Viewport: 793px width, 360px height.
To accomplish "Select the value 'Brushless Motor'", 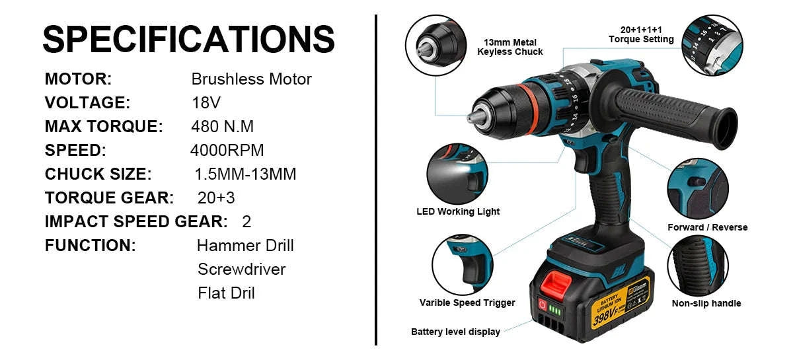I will tap(251, 79).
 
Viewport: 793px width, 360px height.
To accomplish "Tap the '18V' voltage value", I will tap(206, 103).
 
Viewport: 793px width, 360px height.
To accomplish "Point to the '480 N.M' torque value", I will tap(222, 127).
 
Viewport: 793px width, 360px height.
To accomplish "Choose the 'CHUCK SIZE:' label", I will tap(98, 174).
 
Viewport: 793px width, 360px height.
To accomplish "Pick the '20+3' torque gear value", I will tap(216, 198).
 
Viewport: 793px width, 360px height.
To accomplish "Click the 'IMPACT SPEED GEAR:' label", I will tap(136, 221).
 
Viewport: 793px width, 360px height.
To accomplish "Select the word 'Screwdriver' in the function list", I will tap(241, 269).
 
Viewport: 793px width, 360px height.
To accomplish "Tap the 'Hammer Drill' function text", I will tap(245, 246).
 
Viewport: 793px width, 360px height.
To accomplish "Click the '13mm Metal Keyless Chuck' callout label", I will tap(510, 47).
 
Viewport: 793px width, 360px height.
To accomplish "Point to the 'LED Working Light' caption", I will tap(458, 212).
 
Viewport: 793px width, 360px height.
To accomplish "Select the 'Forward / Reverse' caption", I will tap(707, 227).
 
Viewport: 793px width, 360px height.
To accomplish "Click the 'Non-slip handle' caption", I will tap(706, 304).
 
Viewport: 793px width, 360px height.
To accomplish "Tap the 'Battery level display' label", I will tap(455, 332).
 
